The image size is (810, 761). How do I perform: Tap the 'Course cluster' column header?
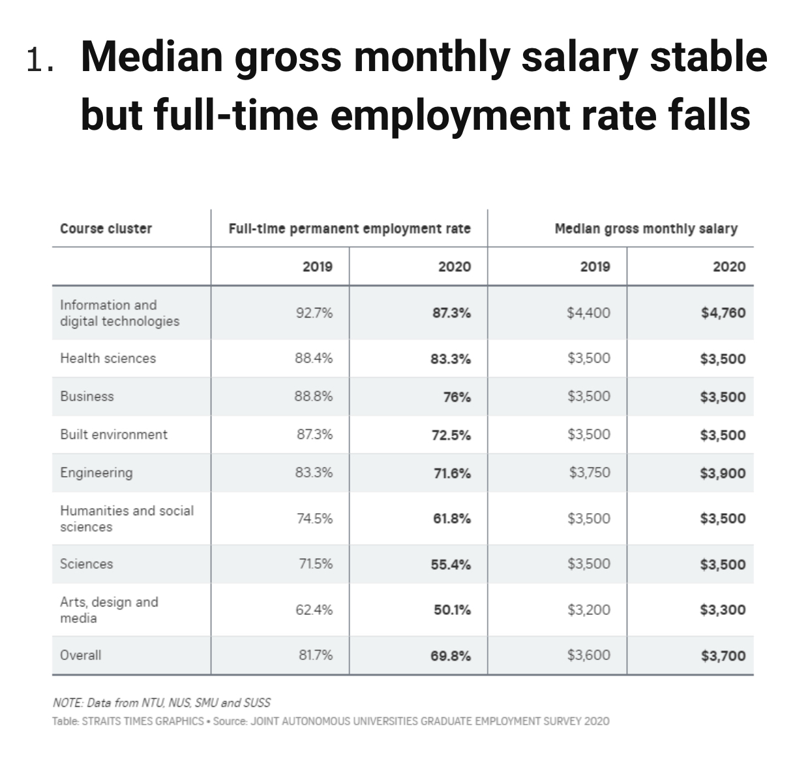106,228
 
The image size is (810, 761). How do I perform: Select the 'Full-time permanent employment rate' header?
349,228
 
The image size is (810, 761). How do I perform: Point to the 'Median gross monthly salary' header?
646,228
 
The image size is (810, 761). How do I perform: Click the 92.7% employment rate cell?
314,312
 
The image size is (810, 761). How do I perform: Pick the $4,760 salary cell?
723,312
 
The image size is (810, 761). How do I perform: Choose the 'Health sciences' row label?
108,358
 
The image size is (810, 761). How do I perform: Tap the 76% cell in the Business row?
457,397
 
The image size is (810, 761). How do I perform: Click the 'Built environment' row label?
113,434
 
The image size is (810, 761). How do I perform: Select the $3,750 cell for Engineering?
590,473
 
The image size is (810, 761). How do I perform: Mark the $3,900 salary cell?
723,473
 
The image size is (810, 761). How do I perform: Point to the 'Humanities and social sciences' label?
127,518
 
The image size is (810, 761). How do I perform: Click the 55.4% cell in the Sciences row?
451,565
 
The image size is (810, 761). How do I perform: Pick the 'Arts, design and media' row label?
109,610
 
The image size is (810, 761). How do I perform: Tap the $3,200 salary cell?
589,610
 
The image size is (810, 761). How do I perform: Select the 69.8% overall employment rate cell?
451,656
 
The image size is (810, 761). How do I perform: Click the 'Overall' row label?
81,655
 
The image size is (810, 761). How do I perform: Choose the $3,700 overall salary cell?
723,656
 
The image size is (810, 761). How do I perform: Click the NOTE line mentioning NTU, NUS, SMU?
161,702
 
